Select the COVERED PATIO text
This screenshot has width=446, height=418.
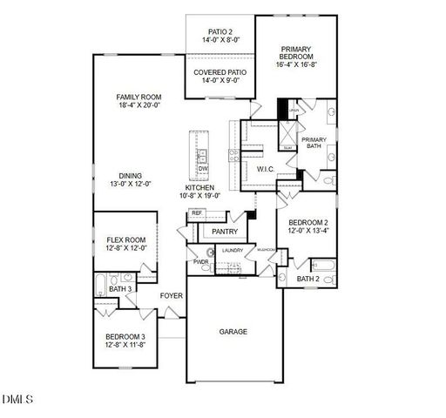click(218, 72)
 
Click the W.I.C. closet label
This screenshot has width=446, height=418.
click(266, 169)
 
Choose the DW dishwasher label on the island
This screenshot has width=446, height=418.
click(202, 168)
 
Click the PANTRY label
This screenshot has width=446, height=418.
click(225, 232)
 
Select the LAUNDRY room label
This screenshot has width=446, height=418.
click(232, 251)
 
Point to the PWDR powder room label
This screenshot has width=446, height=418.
click(200, 261)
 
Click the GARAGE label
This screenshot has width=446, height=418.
click(233, 332)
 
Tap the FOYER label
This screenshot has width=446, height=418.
click(172, 296)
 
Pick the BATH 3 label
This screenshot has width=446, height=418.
click(120, 289)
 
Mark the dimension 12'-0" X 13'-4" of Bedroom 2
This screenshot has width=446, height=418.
click(308, 230)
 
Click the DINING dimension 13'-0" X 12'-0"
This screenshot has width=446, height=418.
click(131, 184)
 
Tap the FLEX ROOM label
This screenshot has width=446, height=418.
click(126, 239)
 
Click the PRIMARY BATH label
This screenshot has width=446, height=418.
click(314, 143)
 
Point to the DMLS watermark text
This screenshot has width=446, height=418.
click(17, 400)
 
